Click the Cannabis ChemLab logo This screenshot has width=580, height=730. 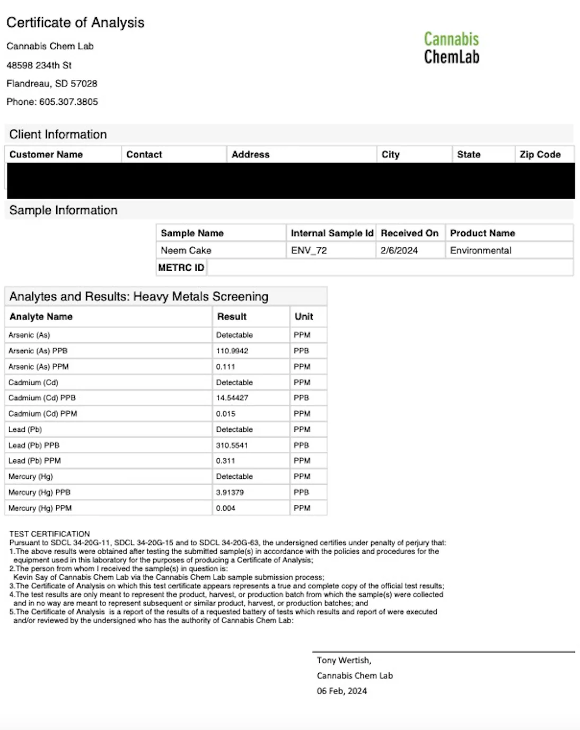pyautogui.click(x=451, y=48)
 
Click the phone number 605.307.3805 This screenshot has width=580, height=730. pyautogui.click(x=68, y=102)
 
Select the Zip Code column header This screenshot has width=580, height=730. pyautogui.click(x=540, y=155)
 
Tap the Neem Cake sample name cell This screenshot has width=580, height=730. pyautogui.click(x=186, y=251)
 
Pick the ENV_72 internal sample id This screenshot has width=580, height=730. pyautogui.click(x=309, y=251)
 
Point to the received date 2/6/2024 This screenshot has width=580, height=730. pyautogui.click(x=399, y=251)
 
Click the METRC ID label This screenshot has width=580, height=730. pyautogui.click(x=181, y=268)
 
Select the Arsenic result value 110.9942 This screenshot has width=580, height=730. pyautogui.click(x=232, y=351)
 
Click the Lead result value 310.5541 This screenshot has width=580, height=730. pyautogui.click(x=232, y=446)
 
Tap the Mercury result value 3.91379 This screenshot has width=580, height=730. pyautogui.click(x=230, y=493)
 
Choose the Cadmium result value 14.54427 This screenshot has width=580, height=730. pyautogui.click(x=232, y=398)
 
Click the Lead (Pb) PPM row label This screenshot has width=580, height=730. pyautogui.click(x=34, y=461)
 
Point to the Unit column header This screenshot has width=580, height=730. pyautogui.click(x=304, y=317)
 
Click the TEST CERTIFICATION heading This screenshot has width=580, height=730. pyautogui.click(x=49, y=534)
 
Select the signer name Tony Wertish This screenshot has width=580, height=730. pyautogui.click(x=344, y=661)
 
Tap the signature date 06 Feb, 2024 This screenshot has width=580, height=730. pyautogui.click(x=341, y=691)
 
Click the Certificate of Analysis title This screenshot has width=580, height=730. pyautogui.click(x=75, y=23)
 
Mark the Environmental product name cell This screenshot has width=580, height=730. pyautogui.click(x=480, y=251)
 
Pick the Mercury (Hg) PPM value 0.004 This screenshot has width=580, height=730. pyautogui.click(x=225, y=509)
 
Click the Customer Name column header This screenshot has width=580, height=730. pyautogui.click(x=46, y=155)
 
